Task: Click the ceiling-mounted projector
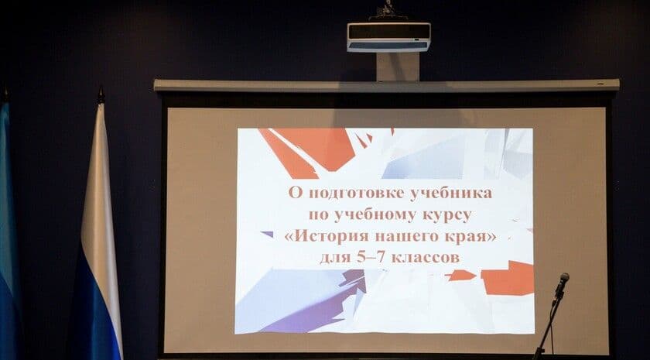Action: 388,36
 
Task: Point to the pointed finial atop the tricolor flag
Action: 100,95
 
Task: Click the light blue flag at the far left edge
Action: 8,232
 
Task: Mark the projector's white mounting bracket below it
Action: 397,67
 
